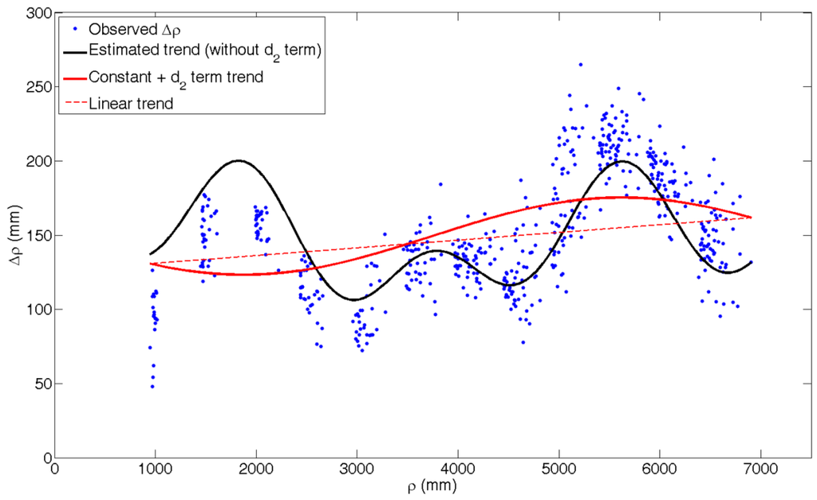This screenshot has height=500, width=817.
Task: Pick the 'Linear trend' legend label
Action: tap(132, 103)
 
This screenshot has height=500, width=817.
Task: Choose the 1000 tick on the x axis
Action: tap(155, 470)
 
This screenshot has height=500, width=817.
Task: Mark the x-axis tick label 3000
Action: tap(357, 470)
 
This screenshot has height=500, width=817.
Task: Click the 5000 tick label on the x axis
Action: tap(558, 470)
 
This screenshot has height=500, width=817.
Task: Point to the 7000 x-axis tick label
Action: tap(760, 470)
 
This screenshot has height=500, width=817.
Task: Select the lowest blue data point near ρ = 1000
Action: tap(152, 387)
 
